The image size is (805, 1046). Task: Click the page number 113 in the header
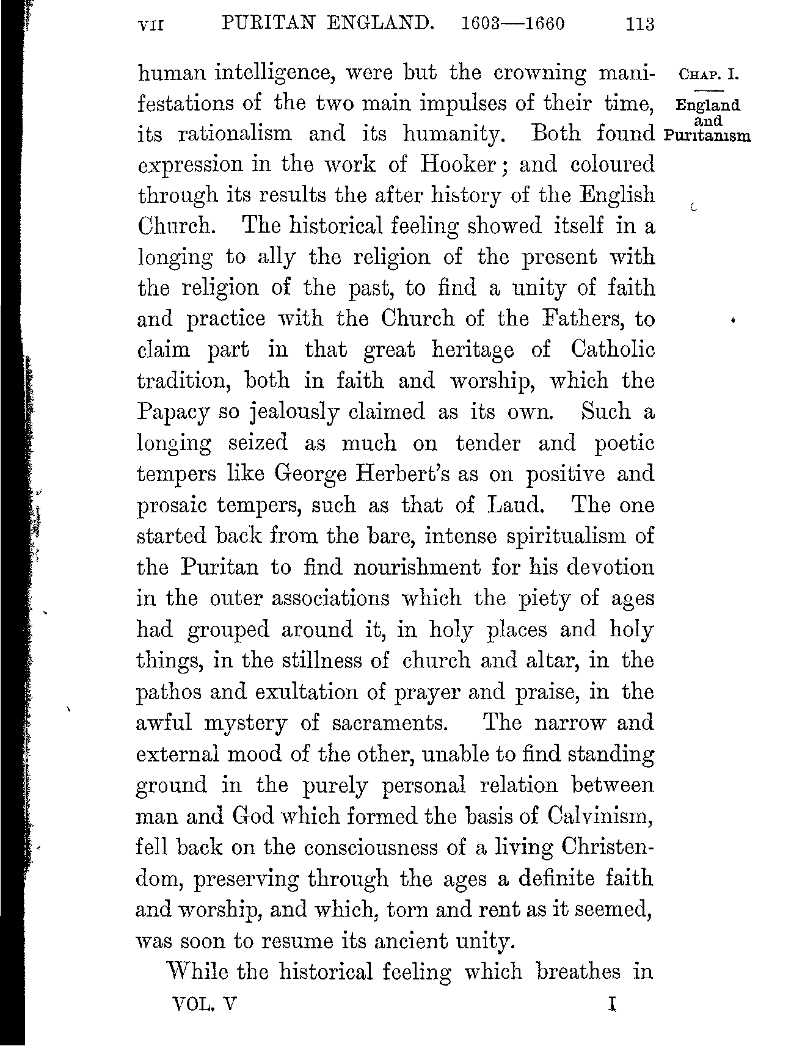pos(639,24)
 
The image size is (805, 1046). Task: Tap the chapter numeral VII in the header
pos(152,25)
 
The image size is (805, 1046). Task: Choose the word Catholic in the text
pos(613,350)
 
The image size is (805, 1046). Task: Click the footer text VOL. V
pos(205,1004)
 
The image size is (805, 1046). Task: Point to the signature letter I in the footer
pos(611,1004)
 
